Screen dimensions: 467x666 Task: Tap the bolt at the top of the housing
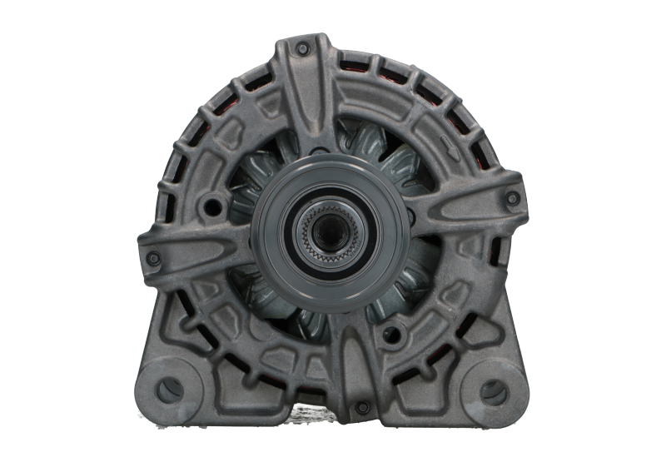(x=302, y=49)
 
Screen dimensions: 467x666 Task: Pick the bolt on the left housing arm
(x=152, y=259)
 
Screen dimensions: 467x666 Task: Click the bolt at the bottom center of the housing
(x=362, y=408)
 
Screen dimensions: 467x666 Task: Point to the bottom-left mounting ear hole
(x=170, y=389)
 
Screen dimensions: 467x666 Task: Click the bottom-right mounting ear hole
(x=493, y=391)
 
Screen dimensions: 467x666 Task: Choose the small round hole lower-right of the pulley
(x=389, y=335)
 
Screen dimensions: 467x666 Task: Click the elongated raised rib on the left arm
(x=200, y=246)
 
